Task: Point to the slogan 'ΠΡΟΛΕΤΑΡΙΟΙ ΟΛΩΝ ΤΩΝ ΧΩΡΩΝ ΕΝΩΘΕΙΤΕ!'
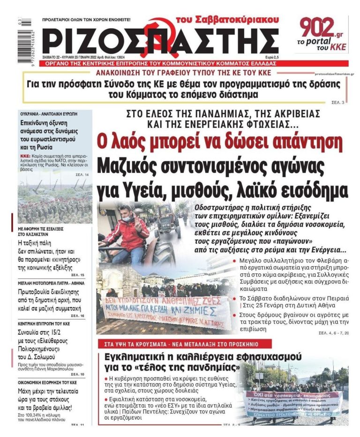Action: click(87, 20)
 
